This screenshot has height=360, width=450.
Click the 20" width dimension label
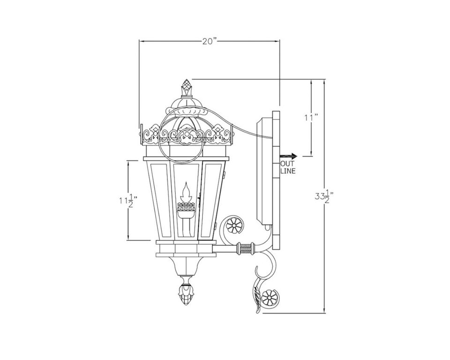(209, 42)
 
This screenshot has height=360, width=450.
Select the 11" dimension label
(311, 117)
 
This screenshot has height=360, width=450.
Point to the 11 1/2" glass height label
(128, 201)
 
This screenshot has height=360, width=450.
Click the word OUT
(287, 164)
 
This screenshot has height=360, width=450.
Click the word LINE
(288, 171)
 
